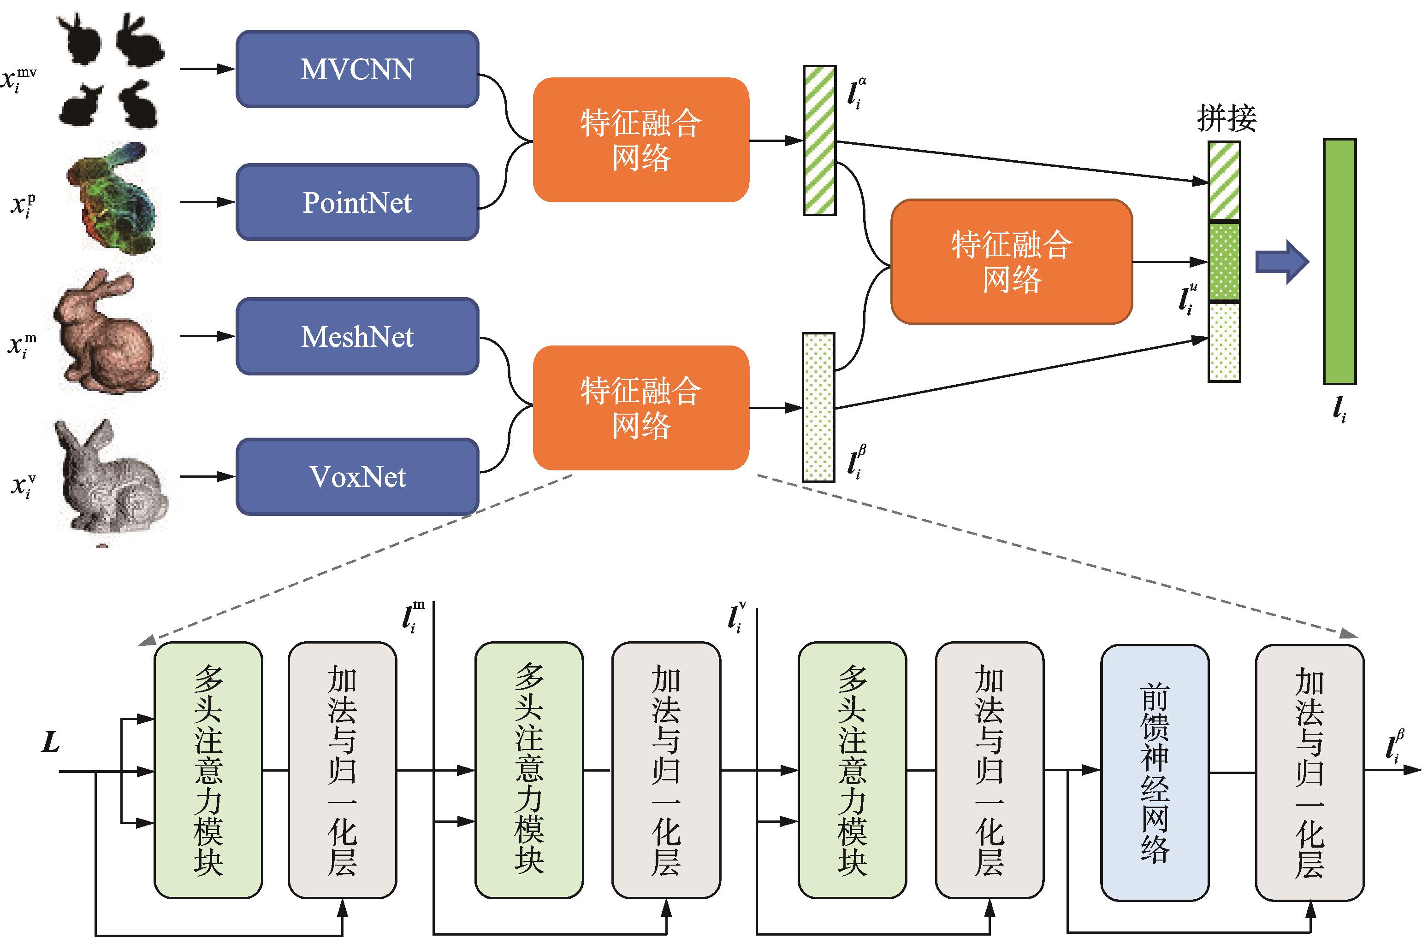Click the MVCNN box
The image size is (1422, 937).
(x=357, y=69)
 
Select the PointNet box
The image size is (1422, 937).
(x=357, y=203)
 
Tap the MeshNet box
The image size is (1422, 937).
(x=357, y=336)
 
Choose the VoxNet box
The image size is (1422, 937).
(x=357, y=477)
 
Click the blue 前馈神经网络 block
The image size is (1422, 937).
(x=1155, y=772)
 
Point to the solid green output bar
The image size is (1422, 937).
(x=1339, y=262)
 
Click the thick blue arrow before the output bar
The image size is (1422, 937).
(x=1281, y=262)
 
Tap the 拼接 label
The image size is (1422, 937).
(x=1226, y=118)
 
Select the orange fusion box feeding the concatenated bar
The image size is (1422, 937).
(x=1011, y=262)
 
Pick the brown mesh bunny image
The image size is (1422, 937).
(x=107, y=332)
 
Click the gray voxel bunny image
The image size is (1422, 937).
(x=111, y=475)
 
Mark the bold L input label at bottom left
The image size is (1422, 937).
(x=51, y=743)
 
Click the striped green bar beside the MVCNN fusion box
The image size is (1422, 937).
(x=819, y=141)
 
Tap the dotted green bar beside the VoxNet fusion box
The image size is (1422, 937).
(x=818, y=408)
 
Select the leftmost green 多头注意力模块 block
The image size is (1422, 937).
(x=208, y=770)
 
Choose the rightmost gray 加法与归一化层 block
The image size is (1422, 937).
(x=1309, y=772)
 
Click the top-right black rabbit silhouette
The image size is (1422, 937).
(x=139, y=41)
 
